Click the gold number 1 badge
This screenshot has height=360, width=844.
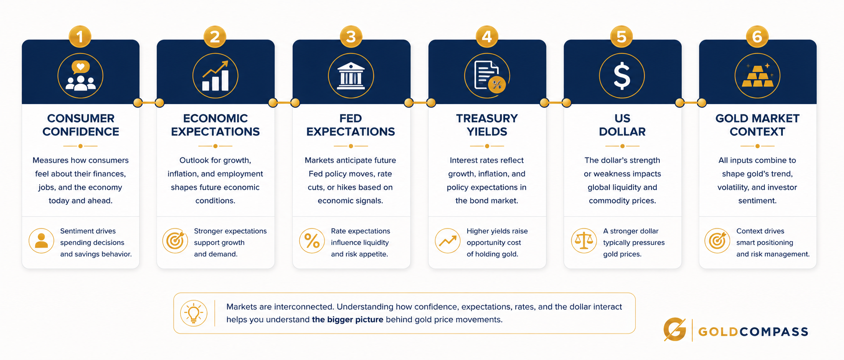click(80, 36)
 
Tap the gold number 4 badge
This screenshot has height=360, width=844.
click(487, 36)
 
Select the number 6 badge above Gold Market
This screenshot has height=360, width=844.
click(757, 36)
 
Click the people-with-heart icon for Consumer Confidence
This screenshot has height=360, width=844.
click(80, 76)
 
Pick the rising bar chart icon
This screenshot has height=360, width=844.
click(215, 76)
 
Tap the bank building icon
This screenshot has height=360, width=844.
click(351, 76)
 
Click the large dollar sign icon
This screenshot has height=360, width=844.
click(622, 76)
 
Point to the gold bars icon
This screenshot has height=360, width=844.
click(757, 76)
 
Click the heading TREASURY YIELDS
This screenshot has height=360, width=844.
click(487, 125)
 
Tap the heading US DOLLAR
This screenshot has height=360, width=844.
click(622, 125)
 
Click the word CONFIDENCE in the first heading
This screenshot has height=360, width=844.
click(81, 131)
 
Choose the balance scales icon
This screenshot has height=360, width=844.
click(584, 241)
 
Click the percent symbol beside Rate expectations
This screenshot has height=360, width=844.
click(312, 241)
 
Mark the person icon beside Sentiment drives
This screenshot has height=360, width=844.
click(41, 241)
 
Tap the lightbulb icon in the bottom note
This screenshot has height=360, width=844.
click(194, 313)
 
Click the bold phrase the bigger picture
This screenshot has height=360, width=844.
click(348, 320)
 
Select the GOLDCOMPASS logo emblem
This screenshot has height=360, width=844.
click(675, 330)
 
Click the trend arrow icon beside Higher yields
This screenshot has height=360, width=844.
click(448, 241)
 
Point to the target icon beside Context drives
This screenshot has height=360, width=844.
click(717, 241)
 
